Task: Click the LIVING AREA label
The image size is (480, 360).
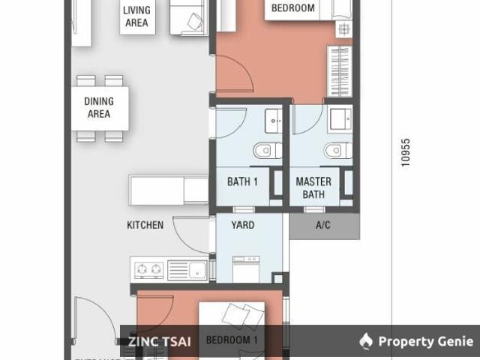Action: [x=136, y=16]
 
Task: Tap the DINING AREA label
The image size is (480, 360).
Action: [x=99, y=108]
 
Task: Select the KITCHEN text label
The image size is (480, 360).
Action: [x=145, y=225]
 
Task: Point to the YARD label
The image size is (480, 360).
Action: [x=242, y=225]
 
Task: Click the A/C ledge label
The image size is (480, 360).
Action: [x=323, y=225]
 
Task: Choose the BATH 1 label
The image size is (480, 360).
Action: [x=242, y=181]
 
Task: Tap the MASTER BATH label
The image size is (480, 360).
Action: [x=313, y=187]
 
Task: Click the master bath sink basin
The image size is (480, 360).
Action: [x=341, y=118]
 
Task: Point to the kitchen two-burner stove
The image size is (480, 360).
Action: [x=148, y=268]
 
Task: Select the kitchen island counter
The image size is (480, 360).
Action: [x=169, y=189]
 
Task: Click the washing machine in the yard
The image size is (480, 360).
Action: [x=246, y=268]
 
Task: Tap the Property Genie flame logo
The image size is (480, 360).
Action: [x=366, y=342]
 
